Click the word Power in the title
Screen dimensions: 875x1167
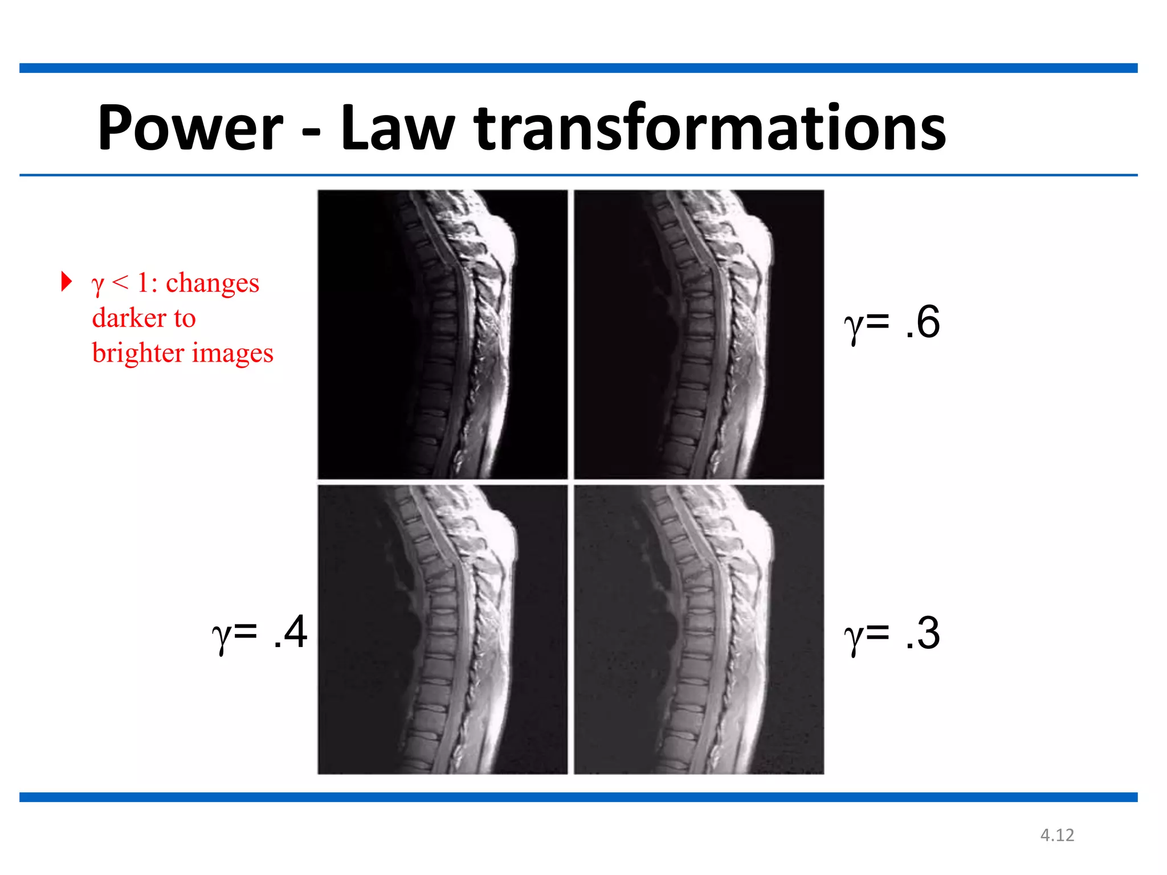click(190, 128)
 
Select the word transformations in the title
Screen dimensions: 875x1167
click(709, 128)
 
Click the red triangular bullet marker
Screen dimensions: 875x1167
click(67, 281)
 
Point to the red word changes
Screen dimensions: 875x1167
click(212, 283)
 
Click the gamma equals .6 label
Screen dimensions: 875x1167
click(892, 322)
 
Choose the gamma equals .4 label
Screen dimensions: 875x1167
click(259, 632)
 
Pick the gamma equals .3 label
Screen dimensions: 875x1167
click(892, 633)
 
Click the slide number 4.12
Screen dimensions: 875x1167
click(1057, 835)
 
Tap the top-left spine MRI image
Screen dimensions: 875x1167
click(443, 334)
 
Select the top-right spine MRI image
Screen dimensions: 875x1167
click(699, 334)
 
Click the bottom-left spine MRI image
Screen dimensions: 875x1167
click(443, 629)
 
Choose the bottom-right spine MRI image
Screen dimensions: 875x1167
click(699, 629)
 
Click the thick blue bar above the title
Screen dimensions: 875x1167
click(578, 68)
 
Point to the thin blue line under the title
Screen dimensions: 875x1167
click(578, 175)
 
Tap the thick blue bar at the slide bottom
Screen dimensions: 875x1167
click(578, 797)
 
